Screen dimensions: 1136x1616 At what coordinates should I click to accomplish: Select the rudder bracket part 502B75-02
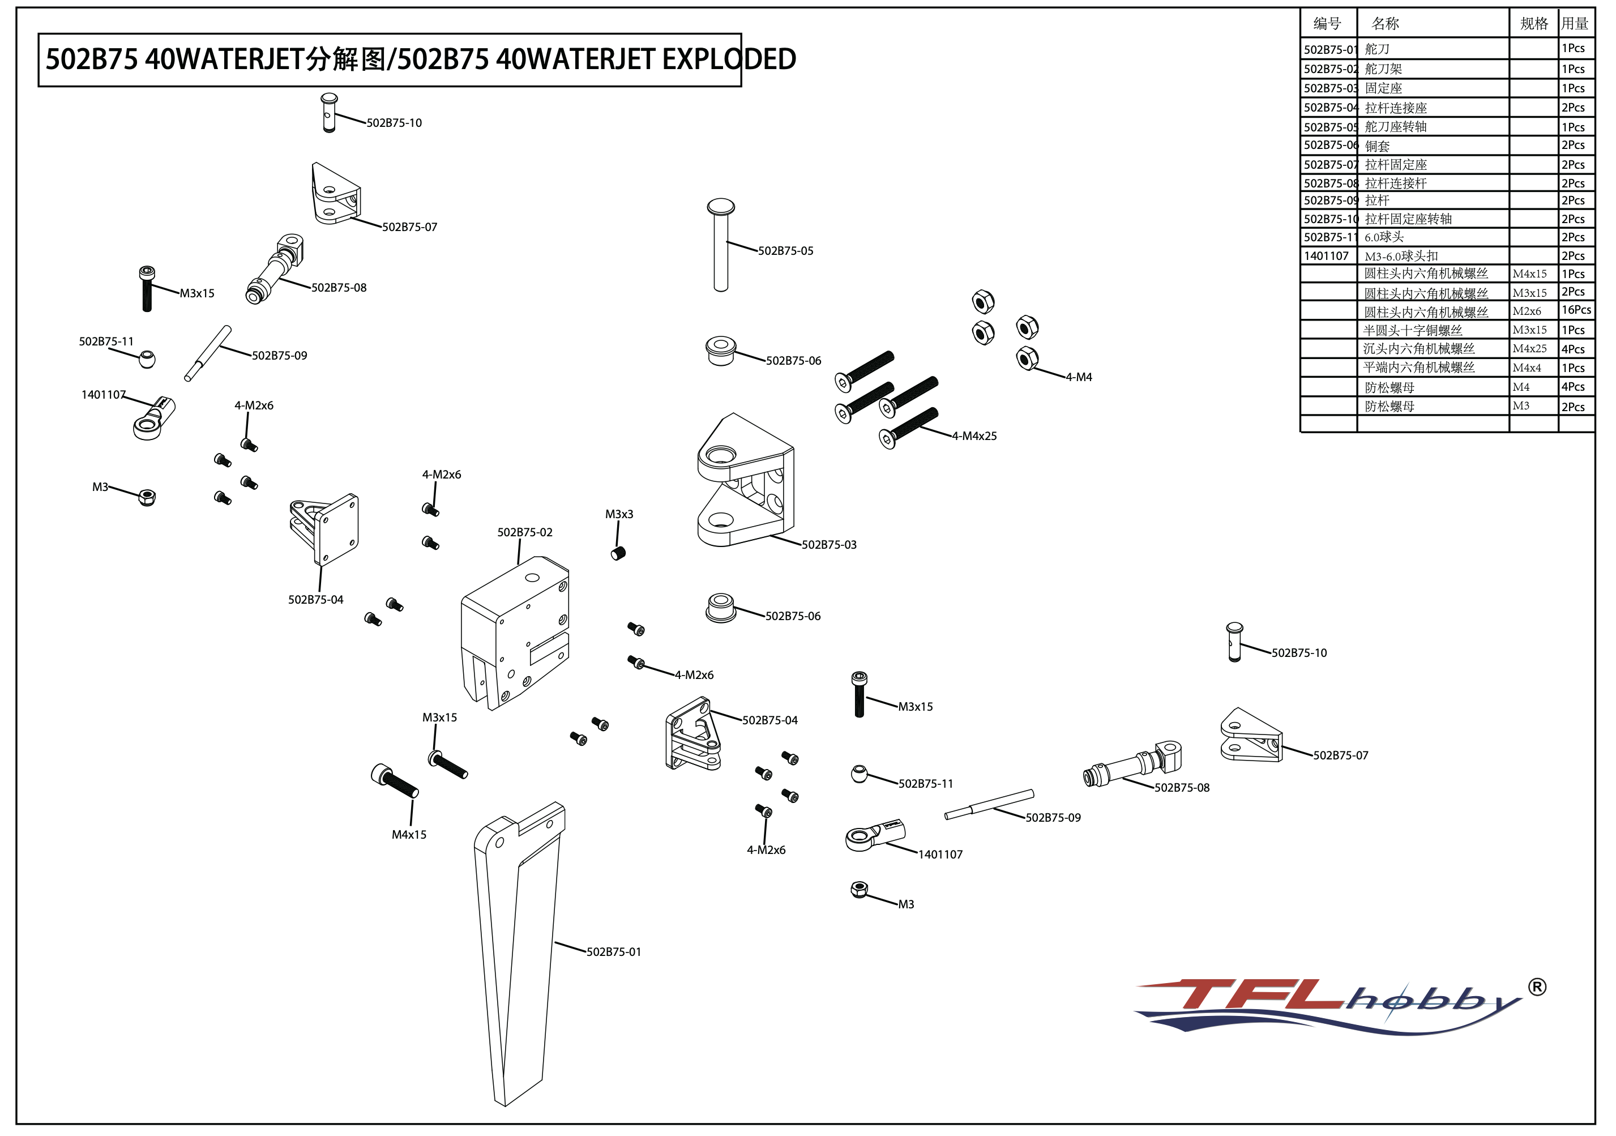(514, 634)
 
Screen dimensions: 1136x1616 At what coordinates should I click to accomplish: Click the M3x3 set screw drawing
(618, 553)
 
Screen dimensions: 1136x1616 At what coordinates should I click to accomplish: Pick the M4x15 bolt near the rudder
(394, 781)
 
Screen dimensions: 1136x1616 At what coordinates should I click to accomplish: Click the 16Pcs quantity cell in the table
(1575, 310)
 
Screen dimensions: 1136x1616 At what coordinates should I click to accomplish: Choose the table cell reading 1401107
(1326, 256)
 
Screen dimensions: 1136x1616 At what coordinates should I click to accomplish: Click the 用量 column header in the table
(1575, 24)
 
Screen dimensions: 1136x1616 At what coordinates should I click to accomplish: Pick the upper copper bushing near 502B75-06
(721, 350)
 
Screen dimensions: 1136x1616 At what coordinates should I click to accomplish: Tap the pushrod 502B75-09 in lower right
(989, 805)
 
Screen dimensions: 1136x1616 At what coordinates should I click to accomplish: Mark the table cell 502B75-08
(1329, 183)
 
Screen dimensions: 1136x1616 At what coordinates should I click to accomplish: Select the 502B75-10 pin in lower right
(1234, 640)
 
